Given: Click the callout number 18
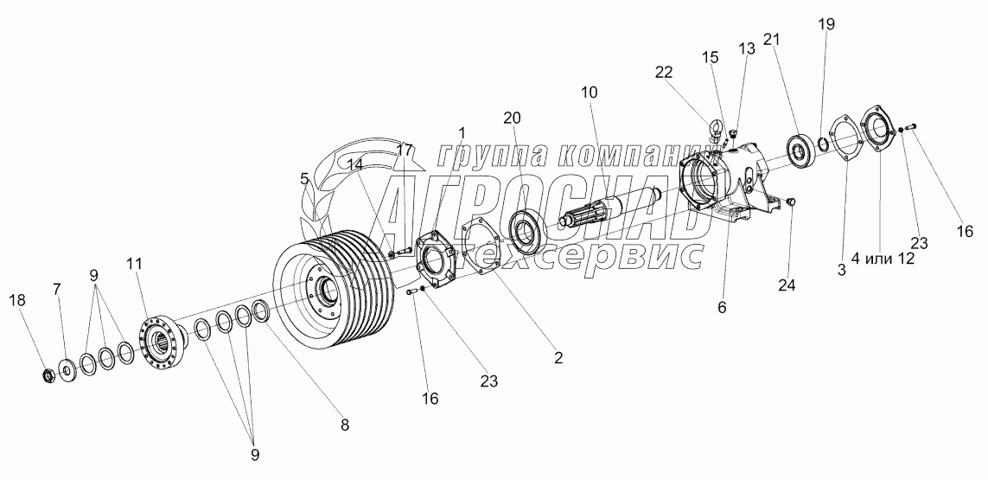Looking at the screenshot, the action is [18, 299].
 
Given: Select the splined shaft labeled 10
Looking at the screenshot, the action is [606, 208].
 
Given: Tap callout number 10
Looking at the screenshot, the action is [589, 92].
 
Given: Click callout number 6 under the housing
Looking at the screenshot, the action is [723, 307].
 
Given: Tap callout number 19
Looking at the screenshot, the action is [827, 23].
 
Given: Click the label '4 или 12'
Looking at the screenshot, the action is [882, 258].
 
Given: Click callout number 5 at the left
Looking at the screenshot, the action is [304, 179].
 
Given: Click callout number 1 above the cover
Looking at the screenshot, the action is [462, 132].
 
